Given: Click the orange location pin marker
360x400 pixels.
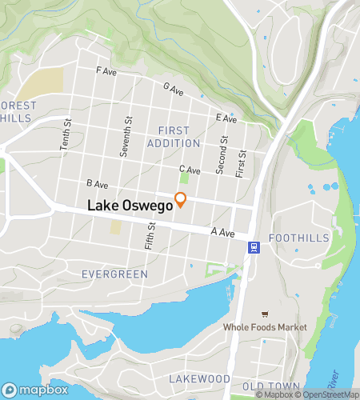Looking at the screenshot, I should [181, 200].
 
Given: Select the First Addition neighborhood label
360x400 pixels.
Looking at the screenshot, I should [174, 137].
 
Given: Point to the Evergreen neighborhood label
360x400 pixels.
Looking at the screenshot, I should [114, 274].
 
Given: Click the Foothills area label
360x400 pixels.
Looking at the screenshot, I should [298, 238].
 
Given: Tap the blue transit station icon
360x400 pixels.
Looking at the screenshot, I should [254, 247].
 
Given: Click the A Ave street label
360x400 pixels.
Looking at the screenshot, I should [222, 233].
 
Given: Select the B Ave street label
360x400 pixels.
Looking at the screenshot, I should [97, 184].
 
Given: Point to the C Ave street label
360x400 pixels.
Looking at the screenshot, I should [190, 169].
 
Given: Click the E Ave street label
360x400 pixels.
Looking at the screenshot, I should [227, 118].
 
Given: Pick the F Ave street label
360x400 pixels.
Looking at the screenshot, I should [106, 70].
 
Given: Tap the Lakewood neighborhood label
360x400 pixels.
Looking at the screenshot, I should [200, 378].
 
